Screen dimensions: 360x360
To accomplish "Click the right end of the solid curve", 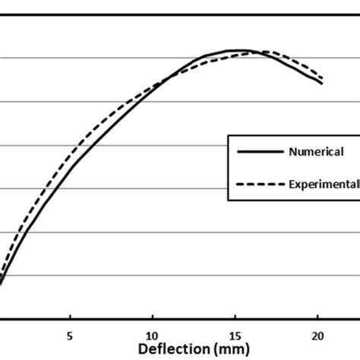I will pos(322,83).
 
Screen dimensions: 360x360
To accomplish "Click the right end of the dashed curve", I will pos(323,78).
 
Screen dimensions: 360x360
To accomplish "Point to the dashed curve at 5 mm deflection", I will pos(70,153).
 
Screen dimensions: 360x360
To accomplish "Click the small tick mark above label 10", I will pos(153,321).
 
